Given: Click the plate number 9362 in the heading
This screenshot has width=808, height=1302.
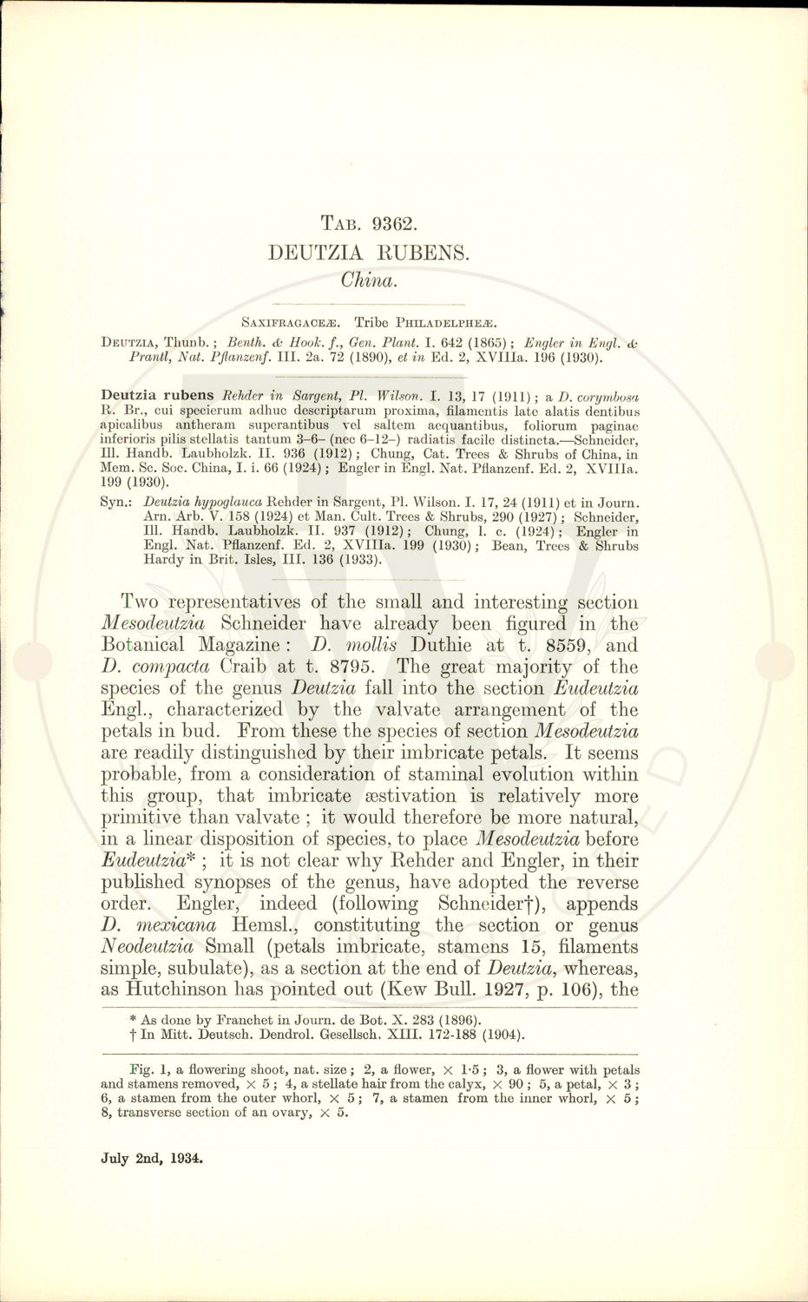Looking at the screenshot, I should pyautogui.click(x=395, y=223).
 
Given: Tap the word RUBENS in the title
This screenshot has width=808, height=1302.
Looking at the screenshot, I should pyautogui.click(x=418, y=253).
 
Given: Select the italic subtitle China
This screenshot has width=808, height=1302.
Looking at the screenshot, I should pyautogui.click(x=369, y=279).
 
